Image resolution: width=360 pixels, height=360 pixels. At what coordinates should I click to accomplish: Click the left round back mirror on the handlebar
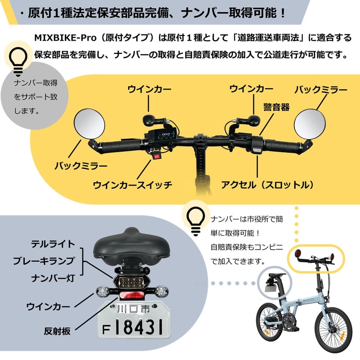point(90,124)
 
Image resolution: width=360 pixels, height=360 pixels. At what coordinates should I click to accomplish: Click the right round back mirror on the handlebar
point(310,124)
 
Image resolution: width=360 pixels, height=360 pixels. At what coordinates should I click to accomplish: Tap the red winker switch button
point(157,157)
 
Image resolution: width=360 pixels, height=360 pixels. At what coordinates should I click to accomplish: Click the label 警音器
point(276,107)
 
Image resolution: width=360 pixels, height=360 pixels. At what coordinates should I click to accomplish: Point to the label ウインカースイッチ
point(132,185)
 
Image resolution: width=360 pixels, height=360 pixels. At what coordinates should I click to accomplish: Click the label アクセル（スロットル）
point(267,185)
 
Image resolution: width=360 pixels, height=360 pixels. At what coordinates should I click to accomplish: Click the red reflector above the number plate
point(131,296)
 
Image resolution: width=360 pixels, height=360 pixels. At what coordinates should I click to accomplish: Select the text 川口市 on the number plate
point(133,309)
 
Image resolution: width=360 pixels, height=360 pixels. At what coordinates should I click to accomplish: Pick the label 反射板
point(57,331)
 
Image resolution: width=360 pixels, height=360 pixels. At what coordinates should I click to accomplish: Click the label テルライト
point(53,244)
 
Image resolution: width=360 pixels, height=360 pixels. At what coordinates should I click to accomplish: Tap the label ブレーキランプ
point(44,261)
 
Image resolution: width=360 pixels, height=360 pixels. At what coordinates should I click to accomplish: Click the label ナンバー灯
point(53,278)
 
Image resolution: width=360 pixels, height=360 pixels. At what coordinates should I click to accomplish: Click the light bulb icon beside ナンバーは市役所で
point(196,221)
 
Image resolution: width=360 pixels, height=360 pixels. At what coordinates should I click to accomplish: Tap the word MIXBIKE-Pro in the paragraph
point(65,38)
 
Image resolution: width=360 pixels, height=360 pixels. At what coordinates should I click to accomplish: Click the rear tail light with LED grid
point(131,281)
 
